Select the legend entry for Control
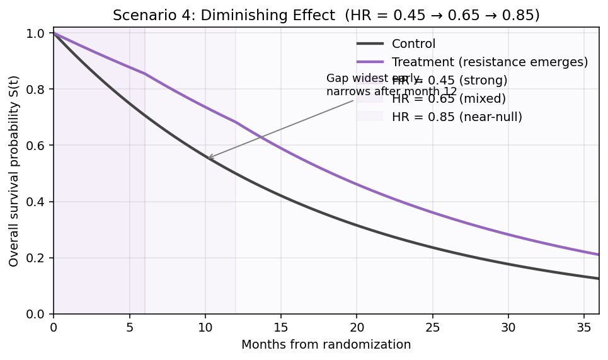413,44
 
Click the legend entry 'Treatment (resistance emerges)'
490,62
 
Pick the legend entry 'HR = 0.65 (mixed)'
449,98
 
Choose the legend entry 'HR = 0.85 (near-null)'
457,117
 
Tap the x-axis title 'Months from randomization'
326,345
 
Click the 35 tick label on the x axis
583,328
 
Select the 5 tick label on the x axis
129,328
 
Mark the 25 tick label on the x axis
432,328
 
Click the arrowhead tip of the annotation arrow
207,159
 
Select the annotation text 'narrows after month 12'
392,91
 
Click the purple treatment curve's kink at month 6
144,73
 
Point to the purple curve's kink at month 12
236,122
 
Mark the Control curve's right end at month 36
599,279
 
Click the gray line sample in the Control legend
370,44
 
